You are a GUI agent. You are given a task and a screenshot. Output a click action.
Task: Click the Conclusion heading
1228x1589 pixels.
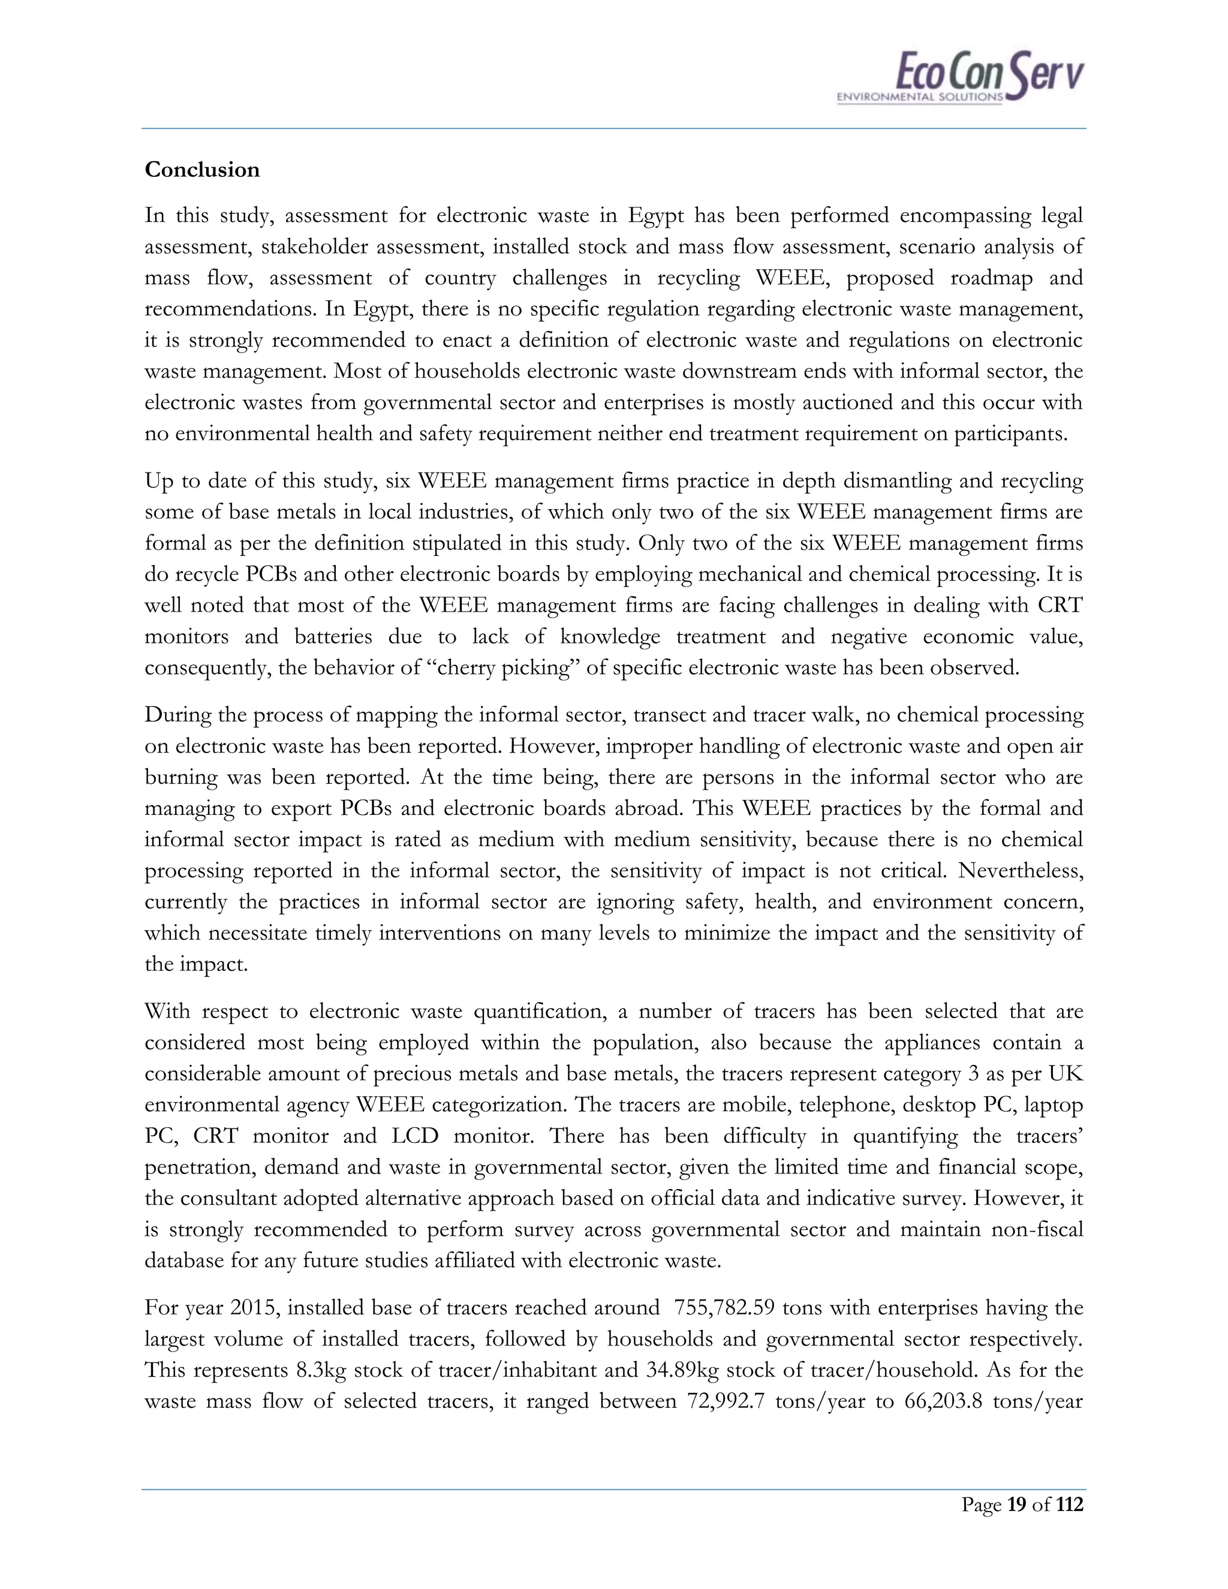(201, 170)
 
